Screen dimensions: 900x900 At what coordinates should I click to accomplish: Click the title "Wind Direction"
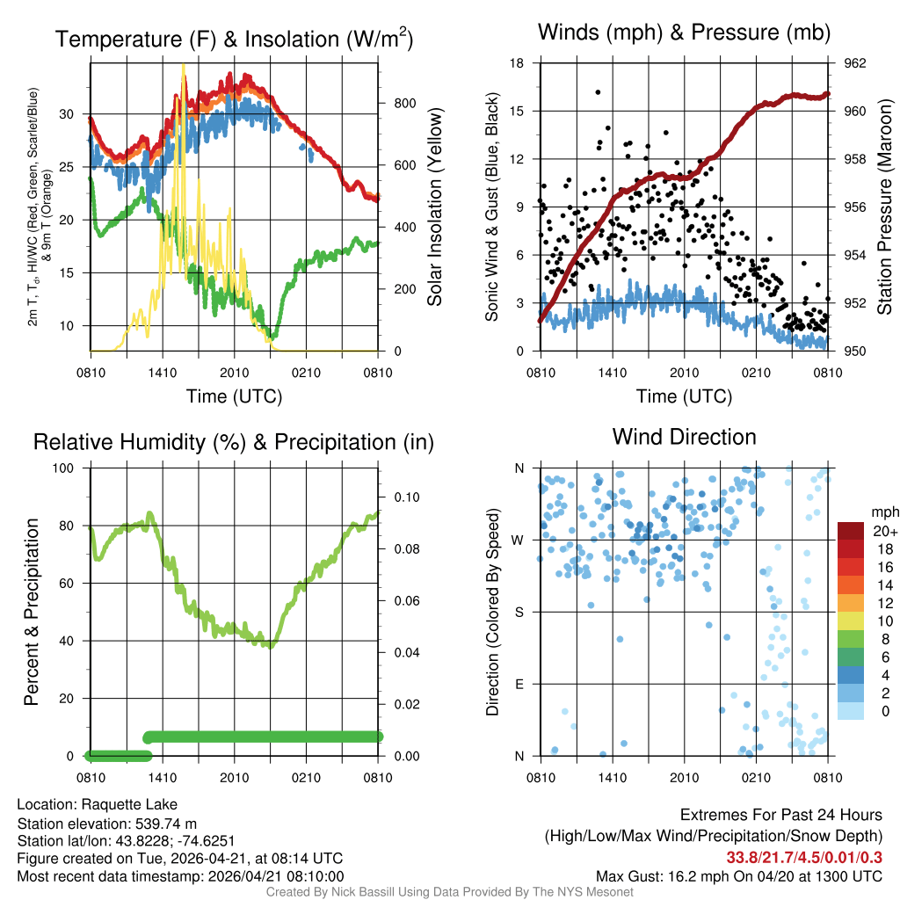[x=684, y=437]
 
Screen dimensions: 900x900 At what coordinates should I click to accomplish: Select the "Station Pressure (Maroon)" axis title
[x=884, y=207]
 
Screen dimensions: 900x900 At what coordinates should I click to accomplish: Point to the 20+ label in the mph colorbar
[x=880, y=532]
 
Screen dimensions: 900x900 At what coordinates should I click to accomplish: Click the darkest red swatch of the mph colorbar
[x=852, y=532]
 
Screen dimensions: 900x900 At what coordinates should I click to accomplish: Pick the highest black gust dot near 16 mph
[x=598, y=92]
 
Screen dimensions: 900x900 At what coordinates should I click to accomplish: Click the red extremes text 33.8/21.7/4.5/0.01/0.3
[x=804, y=857]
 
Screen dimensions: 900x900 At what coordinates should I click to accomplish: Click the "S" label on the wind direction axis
[x=520, y=612]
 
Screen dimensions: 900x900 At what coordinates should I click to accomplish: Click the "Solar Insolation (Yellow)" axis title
[x=434, y=207]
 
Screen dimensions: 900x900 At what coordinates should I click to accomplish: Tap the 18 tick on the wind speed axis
[x=517, y=63]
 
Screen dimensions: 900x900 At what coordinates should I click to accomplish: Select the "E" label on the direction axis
[x=520, y=684]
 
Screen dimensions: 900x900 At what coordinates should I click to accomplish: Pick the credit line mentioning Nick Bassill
[x=449, y=892]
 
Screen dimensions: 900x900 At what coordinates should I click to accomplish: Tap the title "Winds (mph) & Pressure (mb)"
[x=684, y=33]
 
